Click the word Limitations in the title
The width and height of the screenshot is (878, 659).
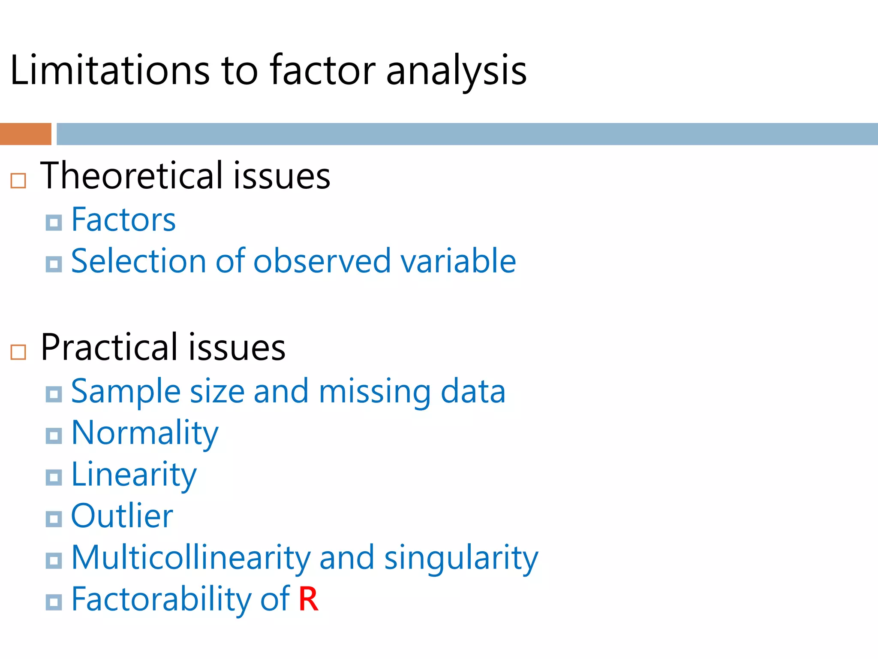tap(109, 70)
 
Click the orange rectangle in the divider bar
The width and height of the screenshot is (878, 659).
tap(25, 134)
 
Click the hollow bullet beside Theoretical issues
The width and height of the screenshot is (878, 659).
tap(18, 181)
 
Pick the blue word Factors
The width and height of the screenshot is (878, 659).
tap(123, 220)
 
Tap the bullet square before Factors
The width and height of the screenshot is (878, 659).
tap(54, 222)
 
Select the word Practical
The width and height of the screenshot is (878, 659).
tap(109, 347)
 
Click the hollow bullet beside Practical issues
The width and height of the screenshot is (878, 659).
tap(18, 352)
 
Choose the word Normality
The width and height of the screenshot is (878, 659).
tap(144, 433)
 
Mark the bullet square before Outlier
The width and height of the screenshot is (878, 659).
tap(54, 519)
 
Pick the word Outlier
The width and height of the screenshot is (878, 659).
tap(122, 516)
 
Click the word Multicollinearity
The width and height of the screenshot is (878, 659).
tap(190, 558)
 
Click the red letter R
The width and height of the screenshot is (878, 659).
tap(308, 599)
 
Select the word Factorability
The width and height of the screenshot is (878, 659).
tap(161, 599)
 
